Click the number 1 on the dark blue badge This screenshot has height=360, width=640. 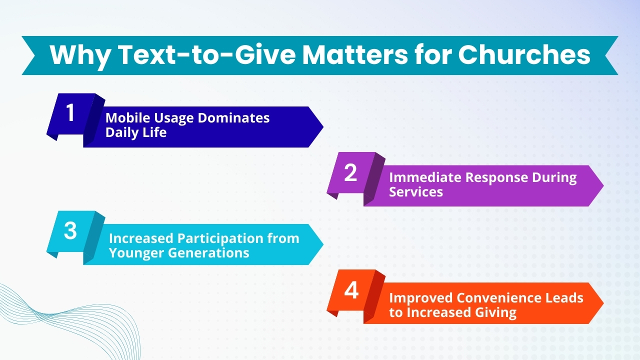70,113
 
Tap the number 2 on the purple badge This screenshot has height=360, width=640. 351,172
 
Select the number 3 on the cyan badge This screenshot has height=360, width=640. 70,231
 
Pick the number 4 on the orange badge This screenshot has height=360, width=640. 351,290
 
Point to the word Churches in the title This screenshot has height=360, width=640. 524,55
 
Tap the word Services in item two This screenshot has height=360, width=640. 416,192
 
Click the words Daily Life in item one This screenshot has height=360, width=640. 135,133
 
